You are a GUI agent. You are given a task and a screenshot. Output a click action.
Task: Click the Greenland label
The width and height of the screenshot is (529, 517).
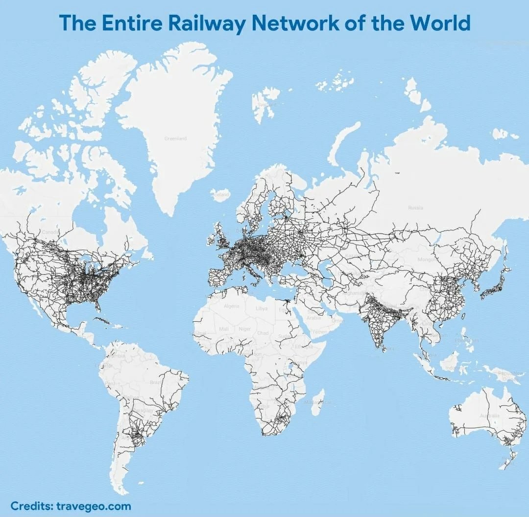[x=175, y=139]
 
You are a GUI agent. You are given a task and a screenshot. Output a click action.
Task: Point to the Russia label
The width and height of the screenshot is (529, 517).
[x=415, y=208]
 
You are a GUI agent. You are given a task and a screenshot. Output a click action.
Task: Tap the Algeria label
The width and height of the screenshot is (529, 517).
[x=231, y=306]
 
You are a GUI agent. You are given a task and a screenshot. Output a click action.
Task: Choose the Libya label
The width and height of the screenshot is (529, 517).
[x=262, y=308]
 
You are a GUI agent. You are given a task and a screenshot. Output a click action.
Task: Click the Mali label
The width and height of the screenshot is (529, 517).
[x=224, y=329]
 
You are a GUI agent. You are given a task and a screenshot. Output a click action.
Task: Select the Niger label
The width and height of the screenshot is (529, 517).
[x=244, y=329]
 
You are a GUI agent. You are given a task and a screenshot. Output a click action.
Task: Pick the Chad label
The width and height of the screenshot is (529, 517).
[x=263, y=333]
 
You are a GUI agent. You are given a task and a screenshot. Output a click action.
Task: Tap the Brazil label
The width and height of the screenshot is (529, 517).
[x=156, y=382]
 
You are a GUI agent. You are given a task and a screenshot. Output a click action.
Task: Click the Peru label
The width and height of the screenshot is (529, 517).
[x=110, y=383]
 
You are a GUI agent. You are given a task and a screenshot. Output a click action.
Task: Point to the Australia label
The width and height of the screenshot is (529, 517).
[x=490, y=416]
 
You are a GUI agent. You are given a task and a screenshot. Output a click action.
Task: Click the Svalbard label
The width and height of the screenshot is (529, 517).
[x=266, y=104]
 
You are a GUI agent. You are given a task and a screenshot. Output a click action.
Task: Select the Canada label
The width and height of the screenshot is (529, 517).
[x=49, y=232]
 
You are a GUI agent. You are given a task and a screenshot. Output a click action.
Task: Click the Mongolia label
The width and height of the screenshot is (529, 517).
[x=425, y=259]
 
